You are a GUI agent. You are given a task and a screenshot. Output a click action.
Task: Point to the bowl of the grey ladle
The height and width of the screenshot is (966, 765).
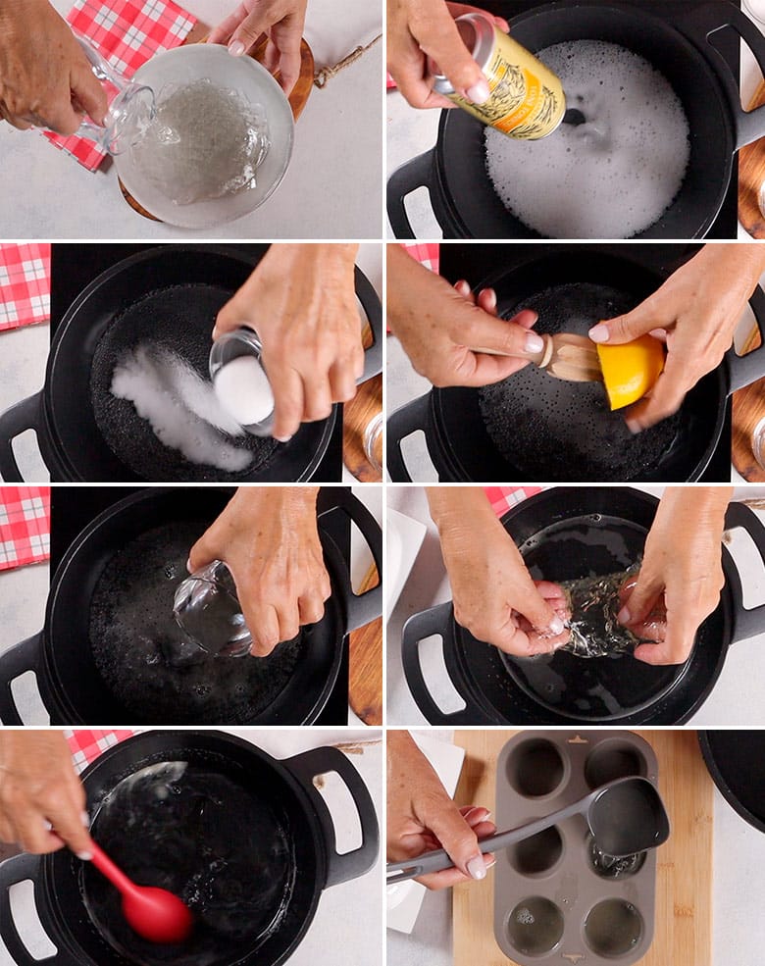[628, 814]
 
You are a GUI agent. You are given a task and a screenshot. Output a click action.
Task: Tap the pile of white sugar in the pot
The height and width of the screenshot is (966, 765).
[172, 407]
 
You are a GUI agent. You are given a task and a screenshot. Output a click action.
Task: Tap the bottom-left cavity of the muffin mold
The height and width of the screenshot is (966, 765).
[535, 927]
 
